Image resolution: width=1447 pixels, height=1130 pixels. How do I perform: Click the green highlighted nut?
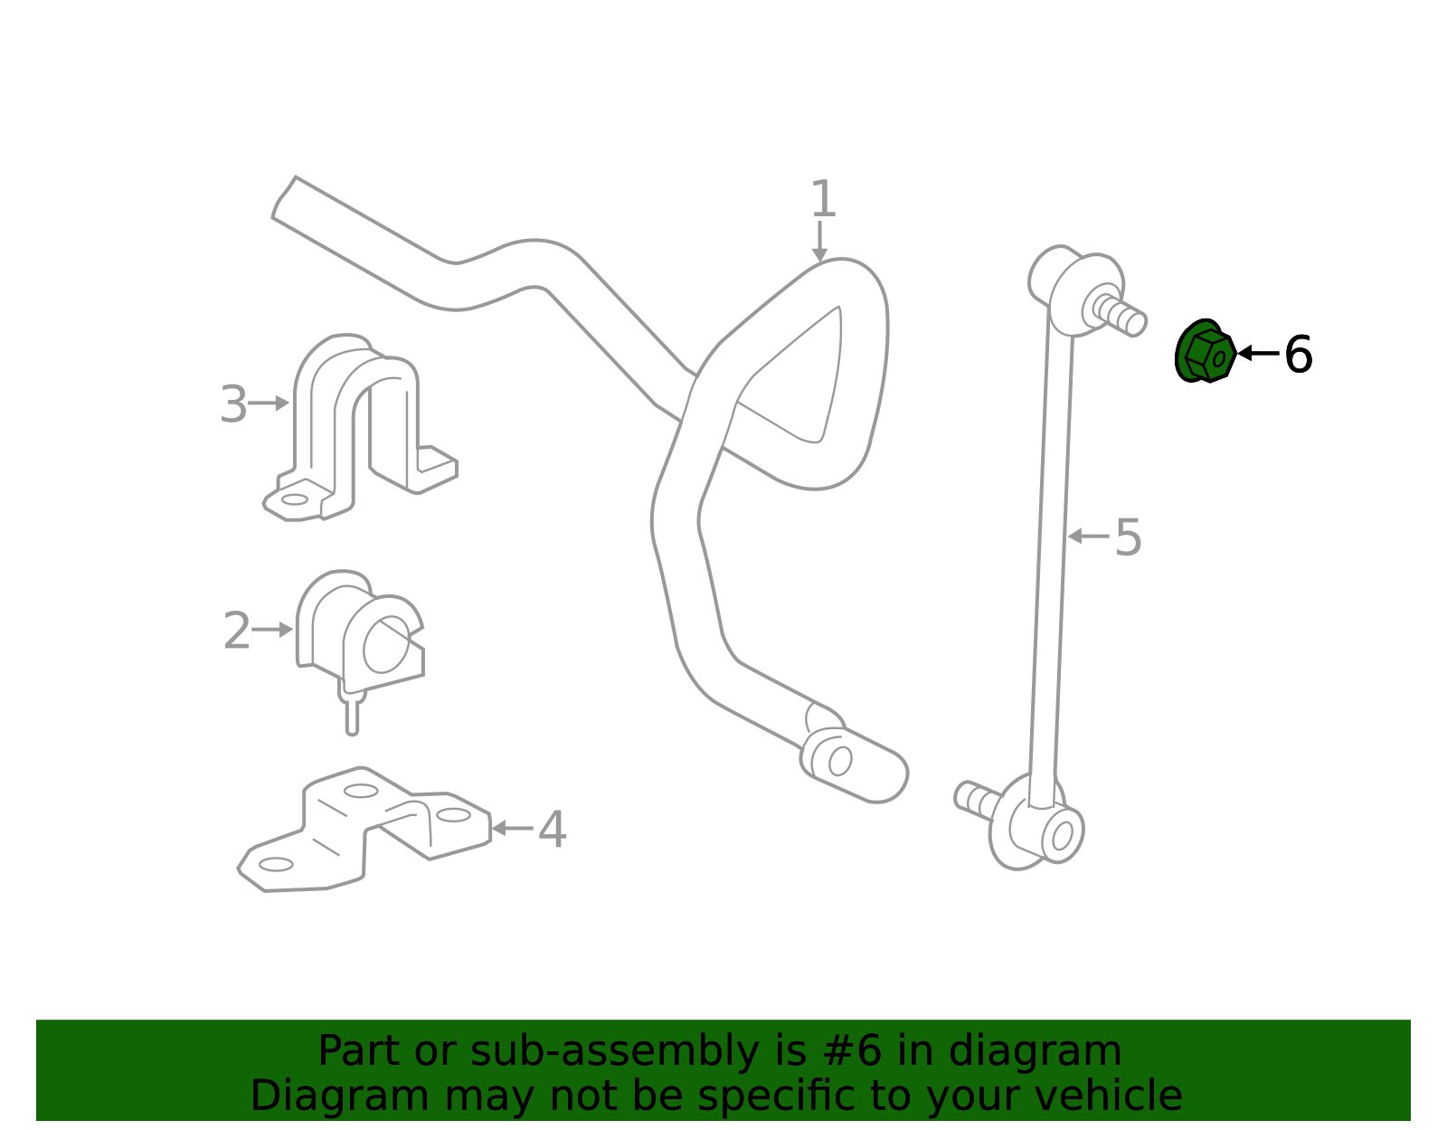point(1205,352)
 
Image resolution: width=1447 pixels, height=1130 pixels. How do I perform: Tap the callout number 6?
point(1298,355)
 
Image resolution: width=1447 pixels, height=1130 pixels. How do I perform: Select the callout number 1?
point(823,198)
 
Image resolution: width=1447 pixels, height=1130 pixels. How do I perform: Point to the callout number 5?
point(1128,537)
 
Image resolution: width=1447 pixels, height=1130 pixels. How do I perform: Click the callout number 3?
point(233,404)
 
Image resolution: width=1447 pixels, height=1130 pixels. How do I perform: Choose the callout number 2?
point(237,631)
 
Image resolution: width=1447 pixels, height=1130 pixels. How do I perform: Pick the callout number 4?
point(552,829)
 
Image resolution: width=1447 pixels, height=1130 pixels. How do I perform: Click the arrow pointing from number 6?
point(1259,353)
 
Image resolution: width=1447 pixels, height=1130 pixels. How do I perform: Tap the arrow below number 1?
point(819,242)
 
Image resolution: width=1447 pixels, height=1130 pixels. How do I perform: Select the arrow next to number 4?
point(512,829)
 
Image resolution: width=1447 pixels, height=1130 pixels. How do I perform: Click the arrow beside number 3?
point(269,403)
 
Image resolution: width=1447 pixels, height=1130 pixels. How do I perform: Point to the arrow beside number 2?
point(272,630)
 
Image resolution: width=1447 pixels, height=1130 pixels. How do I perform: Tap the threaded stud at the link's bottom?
point(978,798)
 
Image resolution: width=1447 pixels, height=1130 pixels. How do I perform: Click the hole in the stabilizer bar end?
point(839,761)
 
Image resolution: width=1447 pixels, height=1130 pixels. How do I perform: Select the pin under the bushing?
point(353,715)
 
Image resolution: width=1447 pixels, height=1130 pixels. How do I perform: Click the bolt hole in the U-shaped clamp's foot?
point(294,499)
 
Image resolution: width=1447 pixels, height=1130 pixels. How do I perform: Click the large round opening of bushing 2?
point(386,644)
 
